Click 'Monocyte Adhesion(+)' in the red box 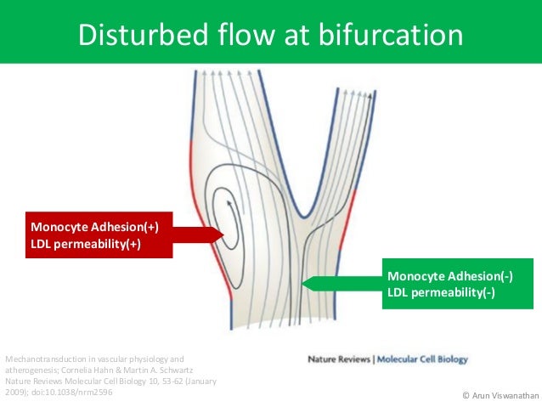(95, 227)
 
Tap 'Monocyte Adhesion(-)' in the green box (450, 276)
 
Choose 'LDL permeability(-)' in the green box (441, 293)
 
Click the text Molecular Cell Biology (422, 359)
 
